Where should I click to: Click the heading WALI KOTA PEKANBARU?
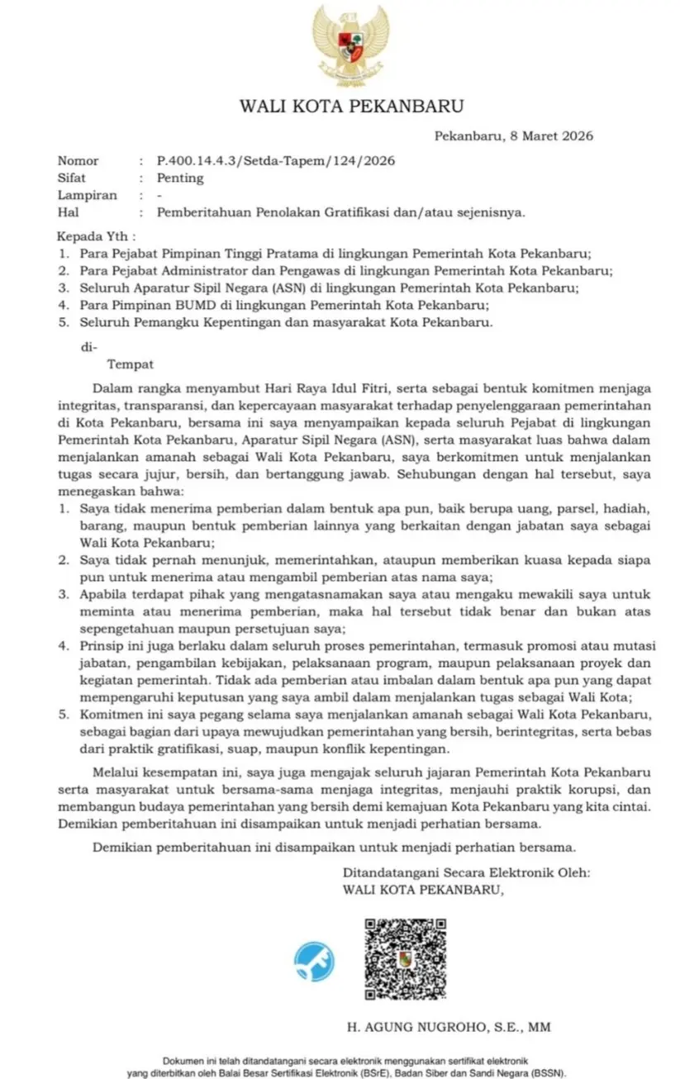(x=351, y=106)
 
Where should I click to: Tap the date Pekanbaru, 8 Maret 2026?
(x=514, y=136)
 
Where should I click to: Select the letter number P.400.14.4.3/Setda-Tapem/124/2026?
(x=275, y=160)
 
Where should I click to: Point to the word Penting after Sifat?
(x=180, y=178)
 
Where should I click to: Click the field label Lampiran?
(x=87, y=195)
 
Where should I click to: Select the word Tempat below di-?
(x=131, y=362)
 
